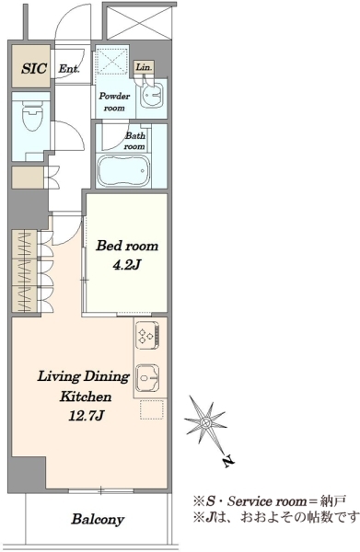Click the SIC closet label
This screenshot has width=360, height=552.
[x=34, y=68]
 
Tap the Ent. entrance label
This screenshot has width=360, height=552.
[x=69, y=68]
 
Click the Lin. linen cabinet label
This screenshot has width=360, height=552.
[x=144, y=67]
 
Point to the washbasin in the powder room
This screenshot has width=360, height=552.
[x=152, y=95]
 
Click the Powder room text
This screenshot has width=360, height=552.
[x=114, y=102]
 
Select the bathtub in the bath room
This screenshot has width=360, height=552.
[x=123, y=171]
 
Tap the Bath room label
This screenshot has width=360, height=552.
[x=135, y=141]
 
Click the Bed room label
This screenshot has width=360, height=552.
[x=127, y=246]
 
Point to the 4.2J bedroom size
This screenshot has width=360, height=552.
[x=126, y=264]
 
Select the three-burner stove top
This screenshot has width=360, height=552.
[x=147, y=335]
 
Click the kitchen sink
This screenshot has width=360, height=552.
[x=148, y=378]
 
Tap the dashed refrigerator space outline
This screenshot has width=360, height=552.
[x=152, y=409]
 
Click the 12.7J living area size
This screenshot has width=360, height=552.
[x=86, y=416]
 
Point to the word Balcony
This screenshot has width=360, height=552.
[x=98, y=519]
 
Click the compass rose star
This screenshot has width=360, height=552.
[x=205, y=421]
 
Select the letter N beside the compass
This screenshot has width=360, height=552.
[x=228, y=462]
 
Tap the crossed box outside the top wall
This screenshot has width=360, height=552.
[x=139, y=21]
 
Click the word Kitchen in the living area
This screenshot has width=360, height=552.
[x=86, y=397]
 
